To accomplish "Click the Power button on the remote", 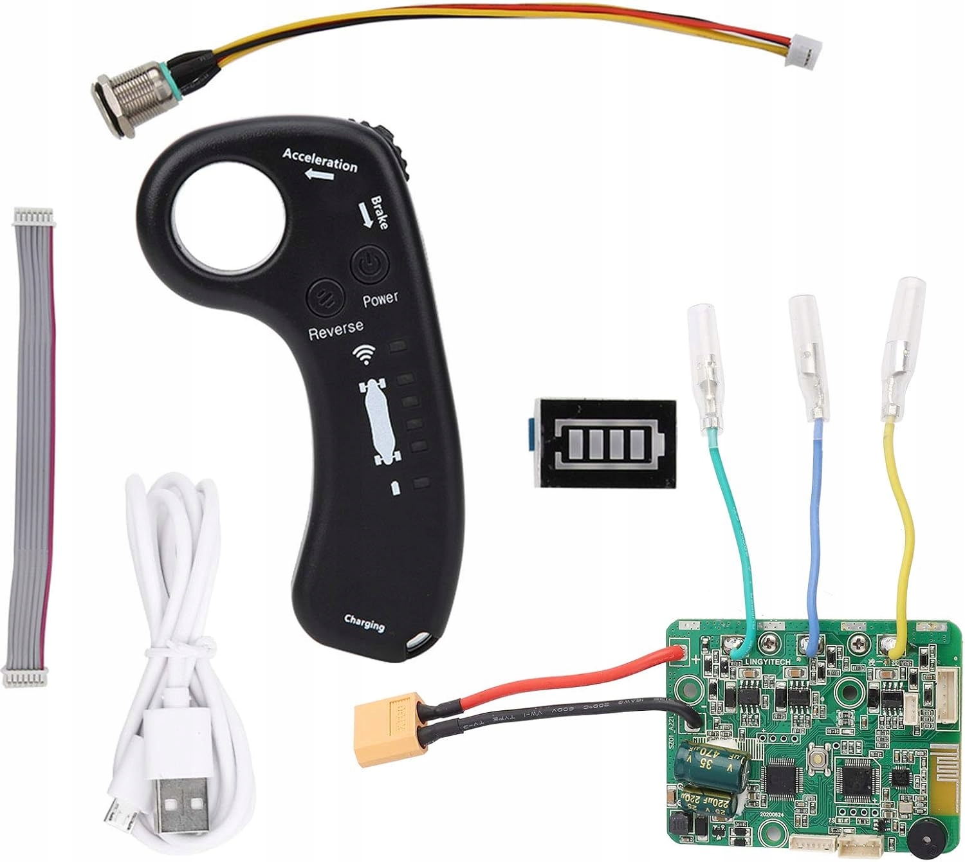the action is (x=367, y=264).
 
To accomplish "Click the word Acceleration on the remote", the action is (x=320, y=160).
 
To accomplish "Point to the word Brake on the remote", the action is (x=379, y=212).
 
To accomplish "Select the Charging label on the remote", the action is (x=364, y=623).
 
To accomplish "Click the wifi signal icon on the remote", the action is (x=365, y=353).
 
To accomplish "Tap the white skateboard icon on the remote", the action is (x=380, y=422).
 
